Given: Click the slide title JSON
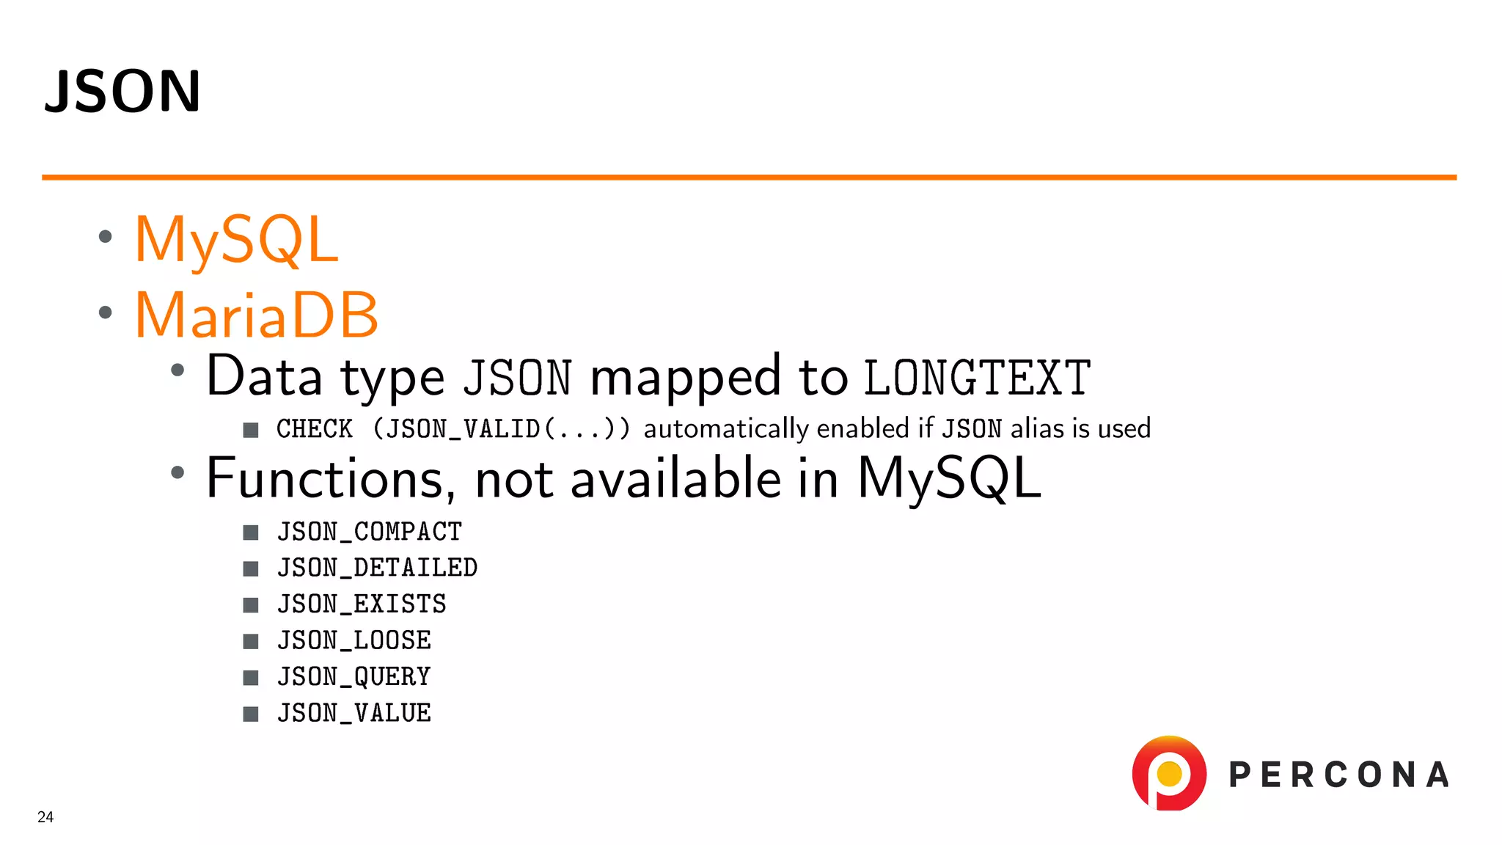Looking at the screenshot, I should [122, 91].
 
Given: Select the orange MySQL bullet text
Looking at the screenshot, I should [236, 239].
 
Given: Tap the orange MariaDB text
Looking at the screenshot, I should [257, 315].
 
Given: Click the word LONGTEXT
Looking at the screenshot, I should [977, 378].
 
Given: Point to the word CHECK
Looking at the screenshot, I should [315, 429].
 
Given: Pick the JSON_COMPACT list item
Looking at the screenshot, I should [370, 532].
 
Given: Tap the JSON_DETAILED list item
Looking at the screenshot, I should [377, 568].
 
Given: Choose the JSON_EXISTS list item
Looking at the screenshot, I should [362, 604].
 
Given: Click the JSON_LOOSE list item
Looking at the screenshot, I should [354, 640].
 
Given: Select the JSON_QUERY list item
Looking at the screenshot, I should [354, 676].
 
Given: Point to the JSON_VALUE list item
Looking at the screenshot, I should [354, 713].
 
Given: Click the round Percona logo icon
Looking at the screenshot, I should [1169, 773].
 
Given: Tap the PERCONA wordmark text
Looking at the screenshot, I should [1338, 775].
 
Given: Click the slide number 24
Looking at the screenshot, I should [45, 817].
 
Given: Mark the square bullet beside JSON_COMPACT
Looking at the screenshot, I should [251, 533].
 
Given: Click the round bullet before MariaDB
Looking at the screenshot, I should [106, 312].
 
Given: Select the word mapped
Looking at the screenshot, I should [686, 377].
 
